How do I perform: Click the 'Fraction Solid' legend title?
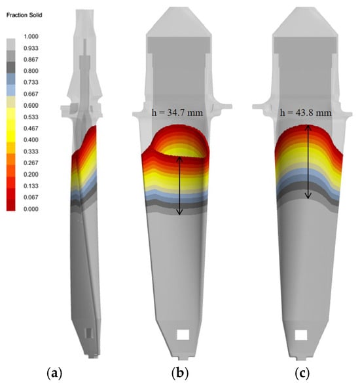(24, 15)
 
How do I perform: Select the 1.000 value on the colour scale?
(31, 37)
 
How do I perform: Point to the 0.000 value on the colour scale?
(31, 209)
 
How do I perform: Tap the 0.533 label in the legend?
(31, 117)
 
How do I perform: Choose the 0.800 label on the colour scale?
(31, 71)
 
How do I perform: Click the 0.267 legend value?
(31, 163)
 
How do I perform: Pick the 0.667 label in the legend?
(31, 94)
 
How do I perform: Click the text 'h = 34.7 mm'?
(177, 113)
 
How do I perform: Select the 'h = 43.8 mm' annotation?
(306, 113)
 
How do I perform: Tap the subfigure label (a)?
(54, 374)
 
